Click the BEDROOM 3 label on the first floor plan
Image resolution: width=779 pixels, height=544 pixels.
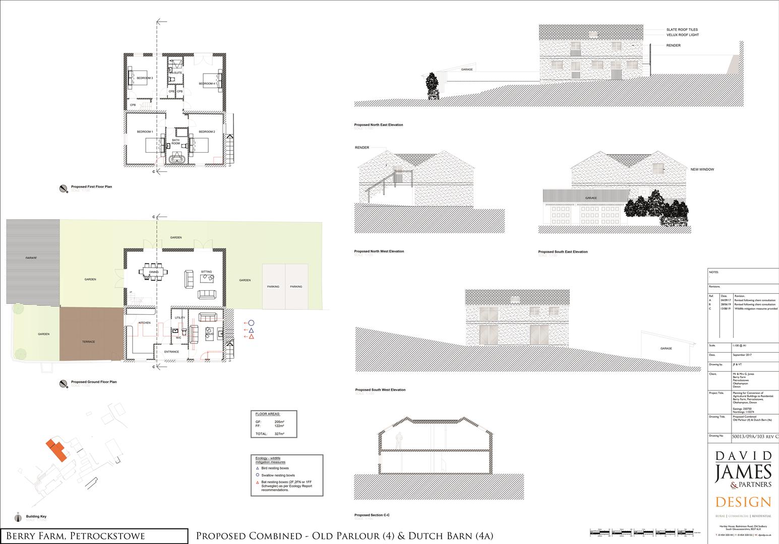coord(145,78)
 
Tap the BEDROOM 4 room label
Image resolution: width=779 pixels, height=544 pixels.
coord(207,84)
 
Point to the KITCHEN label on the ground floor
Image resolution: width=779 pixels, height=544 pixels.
coord(145,322)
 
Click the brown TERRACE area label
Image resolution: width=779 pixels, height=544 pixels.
coord(89,342)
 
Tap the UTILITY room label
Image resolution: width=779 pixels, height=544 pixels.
coord(180,318)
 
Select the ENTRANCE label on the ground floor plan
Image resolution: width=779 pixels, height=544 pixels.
coord(171,352)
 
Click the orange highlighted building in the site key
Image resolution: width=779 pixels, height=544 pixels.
coord(56,450)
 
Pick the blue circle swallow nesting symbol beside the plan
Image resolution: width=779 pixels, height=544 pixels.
coord(251,323)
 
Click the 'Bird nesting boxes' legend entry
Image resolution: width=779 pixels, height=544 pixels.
coord(275,468)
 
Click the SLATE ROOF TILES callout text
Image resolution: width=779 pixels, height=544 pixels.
coord(682,30)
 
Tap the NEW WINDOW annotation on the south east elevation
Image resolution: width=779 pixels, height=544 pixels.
coord(702,170)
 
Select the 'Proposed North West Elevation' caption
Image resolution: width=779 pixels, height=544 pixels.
coord(379,251)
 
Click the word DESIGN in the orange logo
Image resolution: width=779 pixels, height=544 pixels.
coord(743,502)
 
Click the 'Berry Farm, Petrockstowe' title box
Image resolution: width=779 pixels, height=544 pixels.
coord(94,536)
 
